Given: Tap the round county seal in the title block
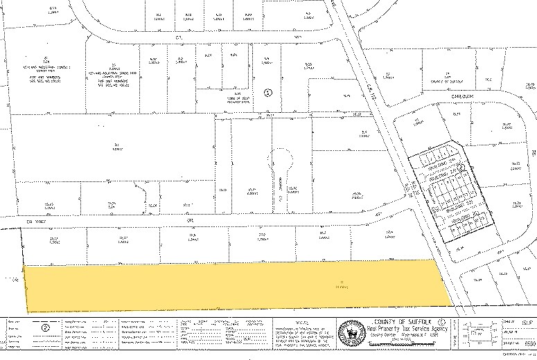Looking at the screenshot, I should click(351, 332).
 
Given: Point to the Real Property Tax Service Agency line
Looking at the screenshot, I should click(402, 329).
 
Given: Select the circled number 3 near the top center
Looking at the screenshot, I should click(269, 91).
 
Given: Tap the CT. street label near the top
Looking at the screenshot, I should click(177, 37).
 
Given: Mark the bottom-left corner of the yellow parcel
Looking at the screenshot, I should click(28, 311).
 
